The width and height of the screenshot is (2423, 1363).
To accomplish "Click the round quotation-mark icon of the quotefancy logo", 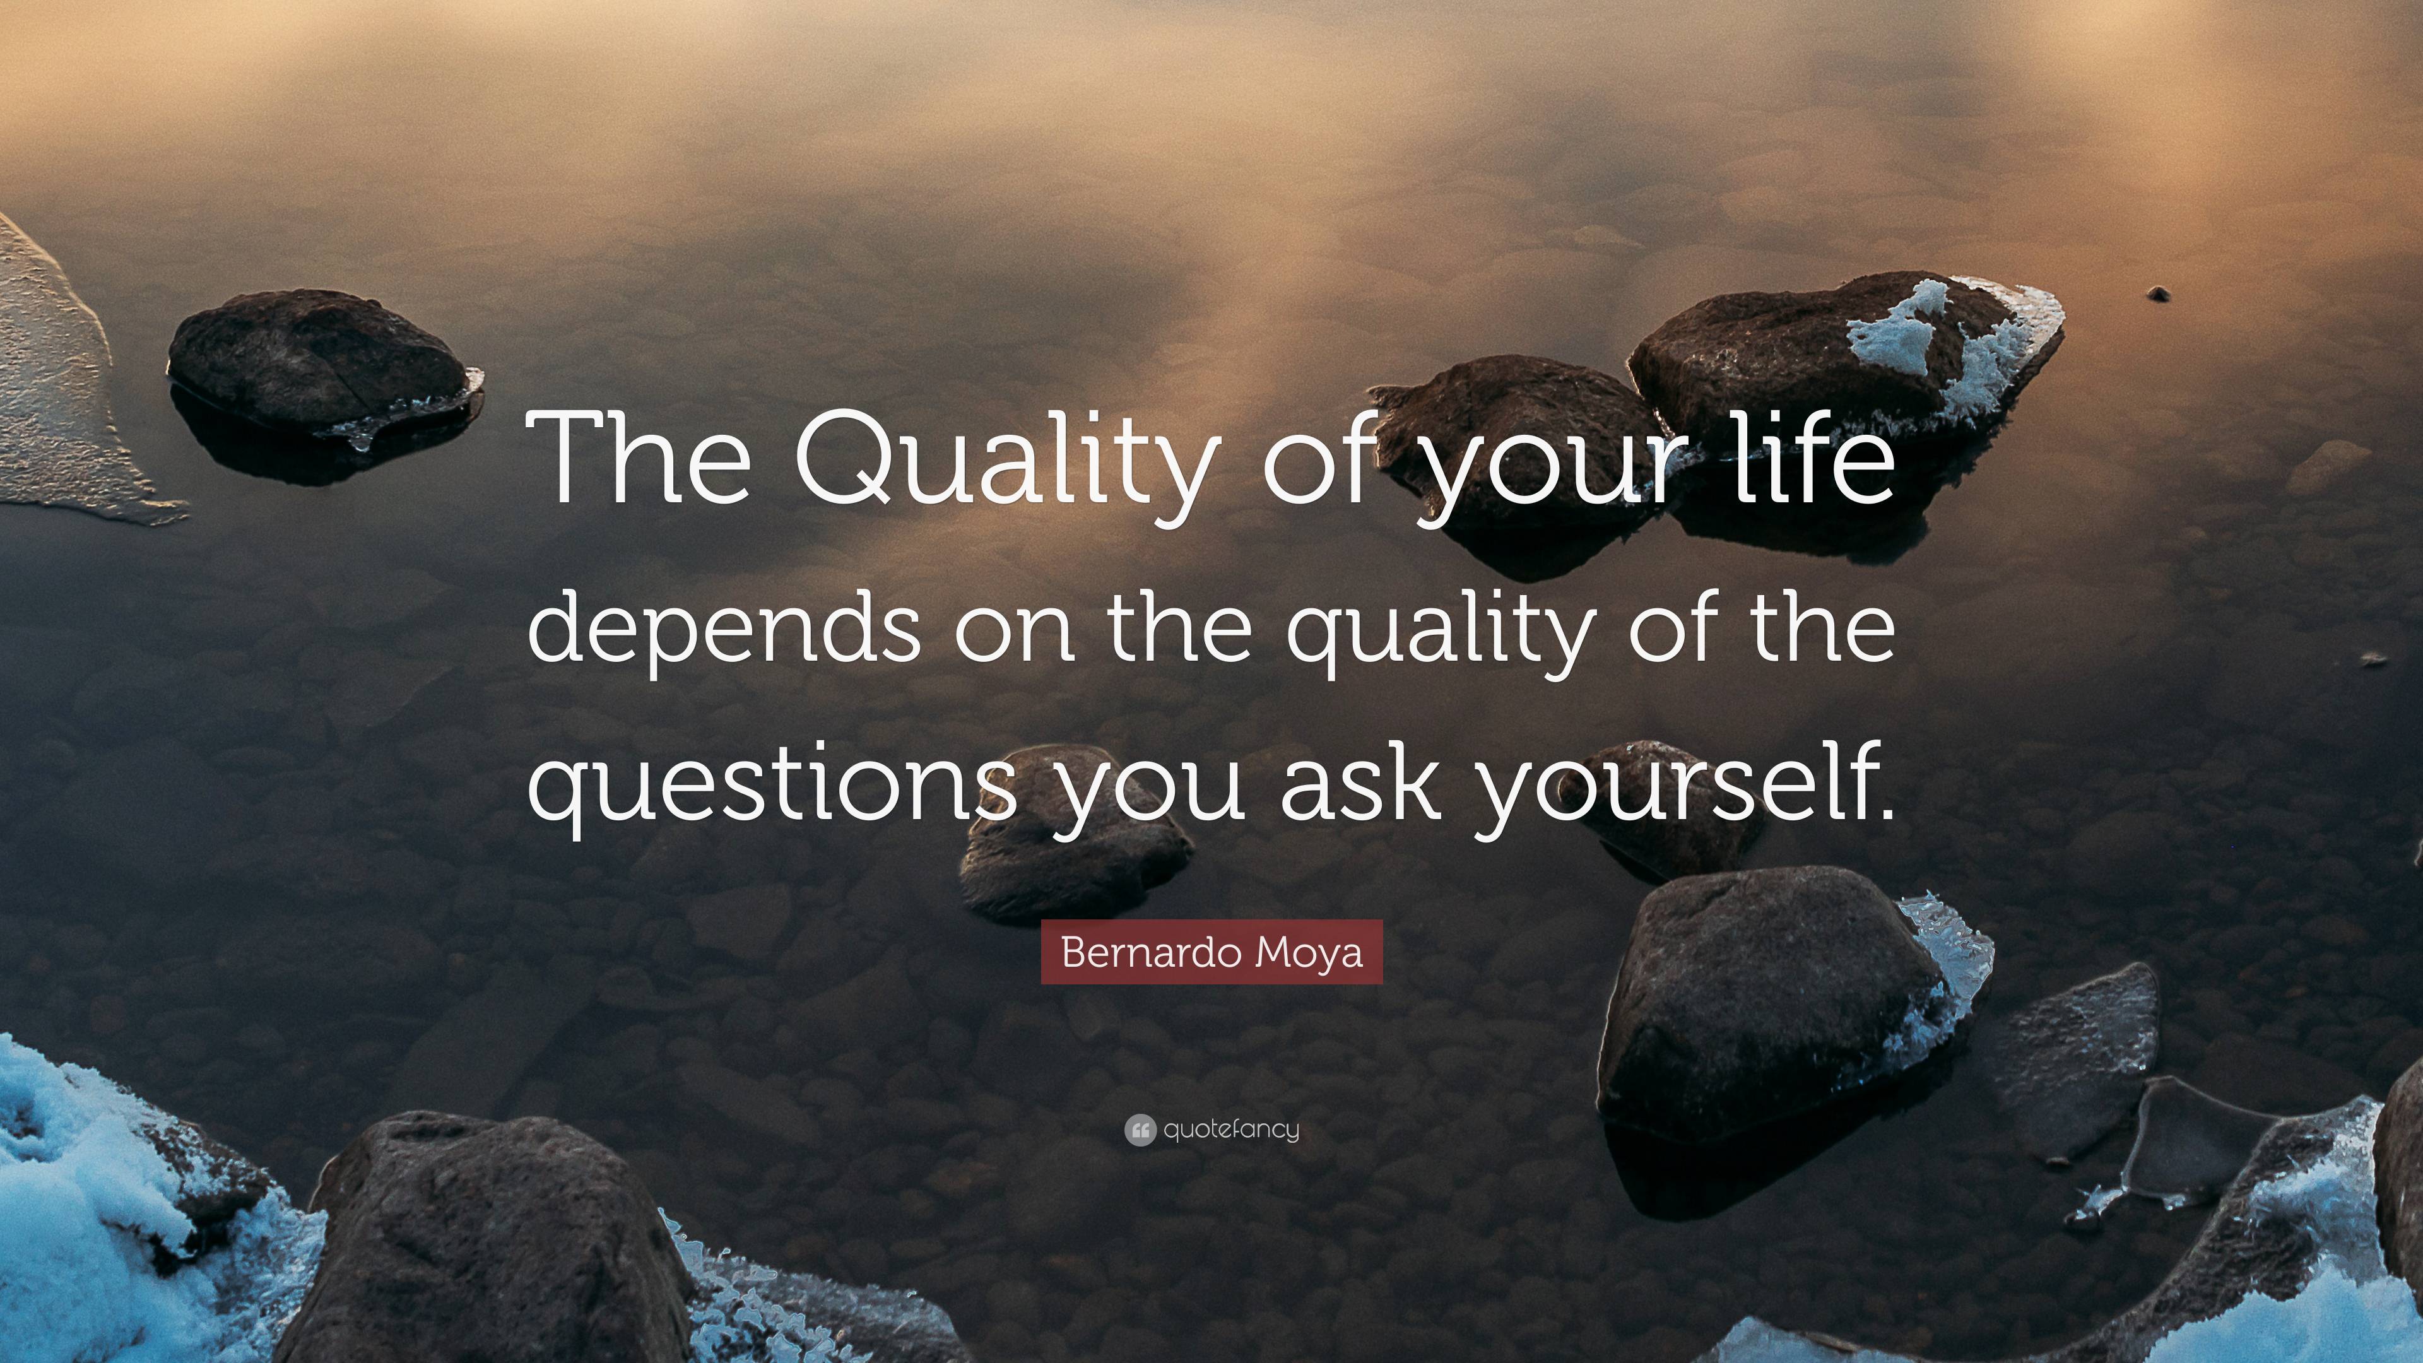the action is [x=1139, y=1130].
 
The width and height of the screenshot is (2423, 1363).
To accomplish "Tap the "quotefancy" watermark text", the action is [x=1231, y=1130].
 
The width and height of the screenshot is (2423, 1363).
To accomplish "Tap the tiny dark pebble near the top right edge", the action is [x=2158, y=295].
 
